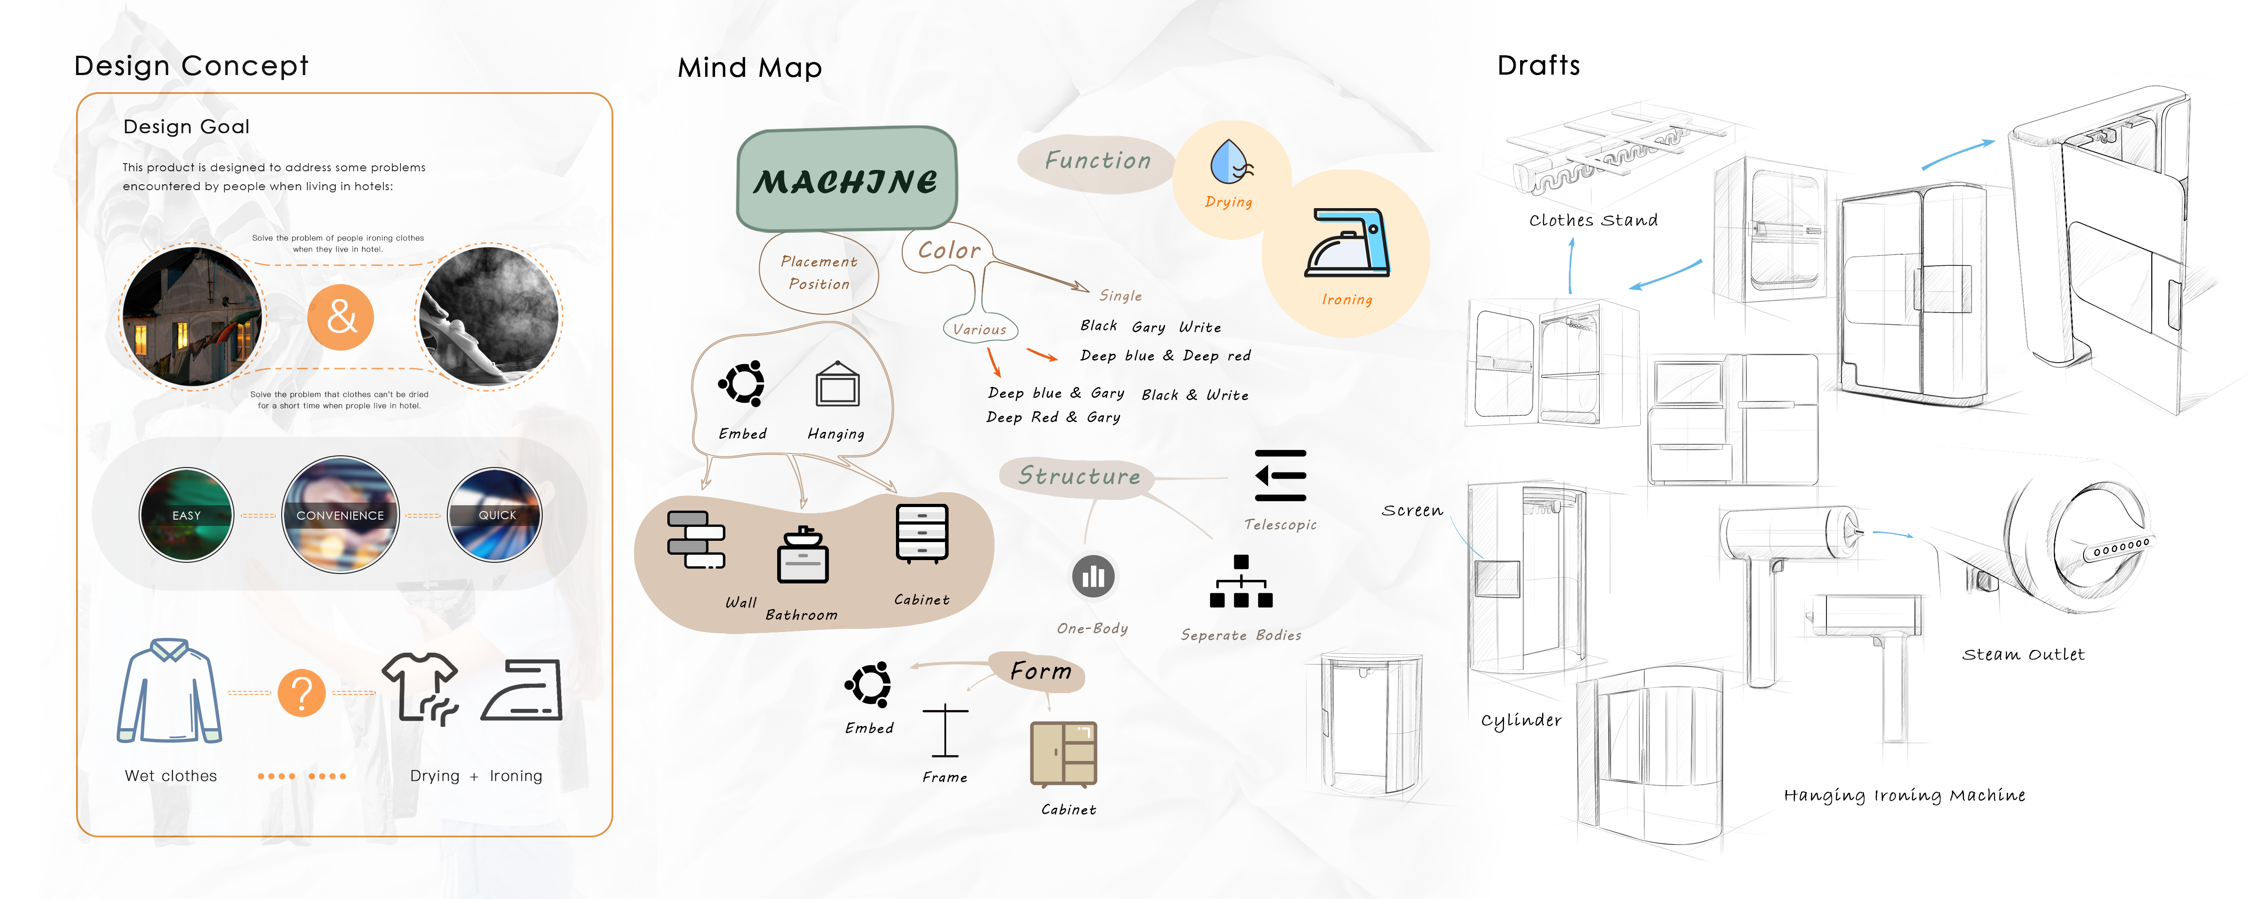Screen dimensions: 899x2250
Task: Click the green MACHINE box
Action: tap(846, 180)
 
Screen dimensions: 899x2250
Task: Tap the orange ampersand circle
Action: tap(341, 317)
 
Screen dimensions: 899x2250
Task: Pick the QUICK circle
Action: tap(495, 515)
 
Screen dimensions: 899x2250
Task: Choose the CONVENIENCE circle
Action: tap(340, 515)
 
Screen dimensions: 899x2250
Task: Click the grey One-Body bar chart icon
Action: tap(1093, 576)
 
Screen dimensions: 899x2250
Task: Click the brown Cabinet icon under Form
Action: tap(1063, 754)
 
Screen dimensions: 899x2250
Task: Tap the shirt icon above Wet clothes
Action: tap(170, 691)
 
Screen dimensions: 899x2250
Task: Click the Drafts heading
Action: tap(1538, 66)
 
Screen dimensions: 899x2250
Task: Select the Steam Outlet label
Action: tap(2022, 654)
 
